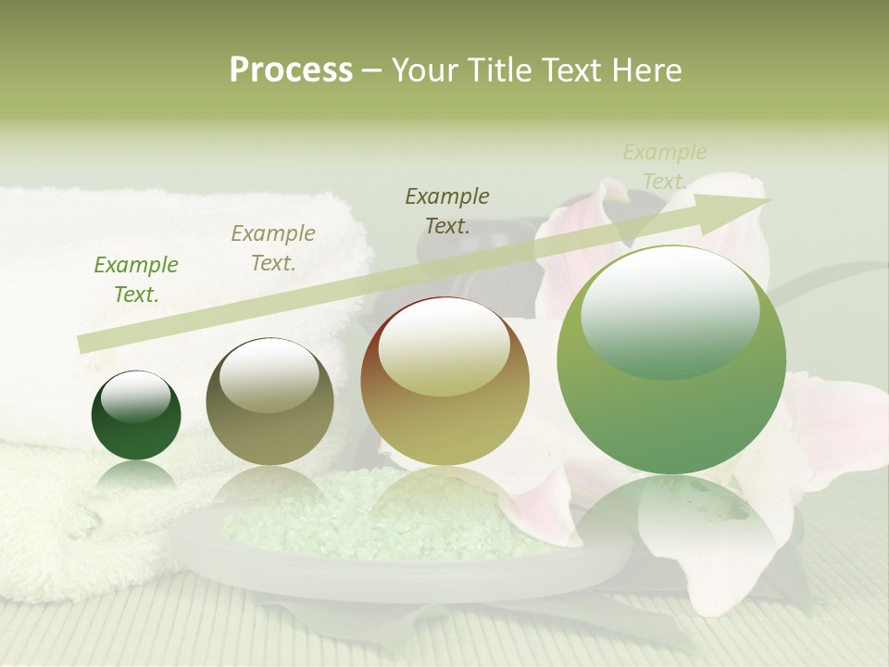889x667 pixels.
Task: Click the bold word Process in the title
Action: (x=291, y=70)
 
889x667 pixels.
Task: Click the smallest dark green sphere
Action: (x=136, y=426)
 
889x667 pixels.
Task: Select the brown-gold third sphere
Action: (x=444, y=408)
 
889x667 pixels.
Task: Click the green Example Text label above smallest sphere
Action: (x=136, y=280)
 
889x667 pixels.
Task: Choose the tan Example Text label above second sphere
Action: (x=273, y=248)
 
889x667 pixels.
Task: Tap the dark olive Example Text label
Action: (x=447, y=211)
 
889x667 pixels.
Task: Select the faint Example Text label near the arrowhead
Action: (x=664, y=167)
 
